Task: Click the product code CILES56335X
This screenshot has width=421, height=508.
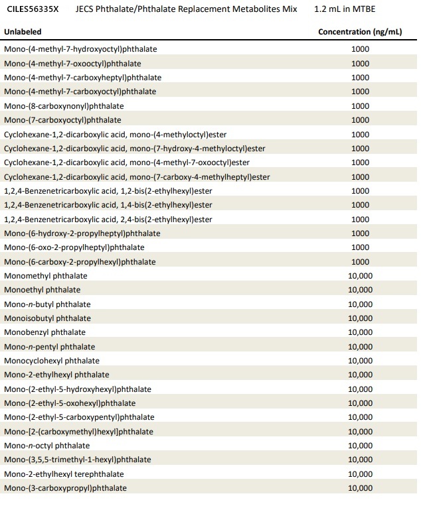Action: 33,10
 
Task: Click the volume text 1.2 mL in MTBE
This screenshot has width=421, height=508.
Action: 345,10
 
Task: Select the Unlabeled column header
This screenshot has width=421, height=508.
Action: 23,32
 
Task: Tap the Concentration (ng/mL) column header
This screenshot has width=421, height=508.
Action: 360,32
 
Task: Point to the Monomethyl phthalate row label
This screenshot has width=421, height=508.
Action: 45,276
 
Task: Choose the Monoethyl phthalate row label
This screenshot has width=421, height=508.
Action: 42,290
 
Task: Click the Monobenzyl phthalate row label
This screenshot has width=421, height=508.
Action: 44,332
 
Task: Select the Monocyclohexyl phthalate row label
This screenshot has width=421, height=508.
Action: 52,361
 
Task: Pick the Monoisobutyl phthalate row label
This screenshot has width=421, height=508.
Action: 47,318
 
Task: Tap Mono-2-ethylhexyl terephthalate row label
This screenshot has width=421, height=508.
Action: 64,474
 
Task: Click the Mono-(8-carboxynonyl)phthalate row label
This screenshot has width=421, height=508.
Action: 64,106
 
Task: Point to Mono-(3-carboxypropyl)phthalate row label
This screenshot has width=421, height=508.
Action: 65,488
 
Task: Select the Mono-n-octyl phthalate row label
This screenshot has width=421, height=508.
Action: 46,446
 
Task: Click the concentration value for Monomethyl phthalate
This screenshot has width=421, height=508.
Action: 360,276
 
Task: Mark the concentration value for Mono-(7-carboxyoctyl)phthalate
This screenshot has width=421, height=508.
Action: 360,120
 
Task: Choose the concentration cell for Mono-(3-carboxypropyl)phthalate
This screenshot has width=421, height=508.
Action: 360,488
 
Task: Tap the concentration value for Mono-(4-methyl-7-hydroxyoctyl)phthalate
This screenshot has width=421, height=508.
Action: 360,49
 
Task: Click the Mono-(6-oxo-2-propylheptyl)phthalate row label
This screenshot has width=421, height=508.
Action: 74,247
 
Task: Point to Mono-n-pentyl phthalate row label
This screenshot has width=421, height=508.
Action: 49,347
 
